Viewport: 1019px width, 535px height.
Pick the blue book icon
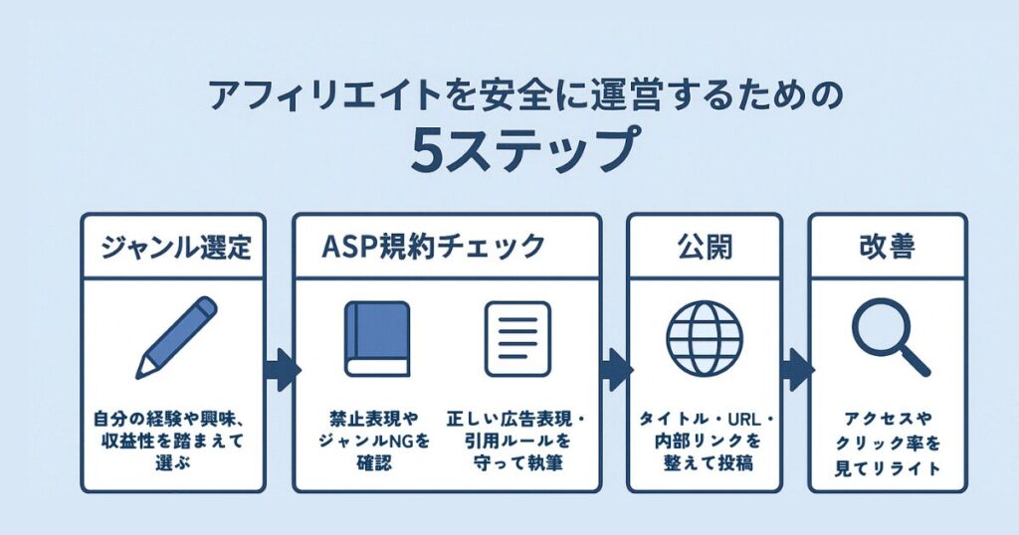[376, 338]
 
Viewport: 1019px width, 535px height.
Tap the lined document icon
[517, 338]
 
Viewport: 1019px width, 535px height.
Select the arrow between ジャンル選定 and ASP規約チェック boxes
[281, 370]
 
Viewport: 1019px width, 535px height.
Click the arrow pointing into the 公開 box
[614, 370]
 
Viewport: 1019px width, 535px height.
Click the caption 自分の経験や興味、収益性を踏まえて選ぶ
[174, 438]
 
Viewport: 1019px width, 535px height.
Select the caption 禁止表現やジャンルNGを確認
[375, 438]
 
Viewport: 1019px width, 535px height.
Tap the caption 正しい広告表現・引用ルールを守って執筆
[516, 438]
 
